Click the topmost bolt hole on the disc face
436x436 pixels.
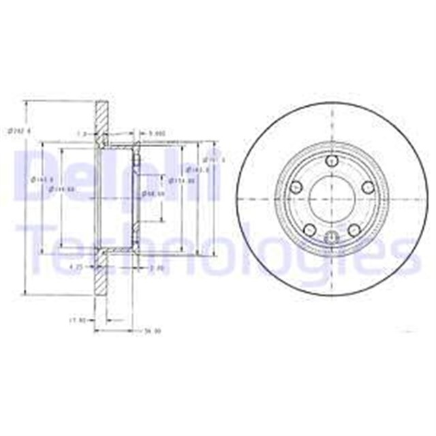pos(332,161)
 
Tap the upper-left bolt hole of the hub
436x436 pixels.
pos(297,187)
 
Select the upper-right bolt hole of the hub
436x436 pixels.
pos(367,187)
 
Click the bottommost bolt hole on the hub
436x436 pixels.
pos(332,238)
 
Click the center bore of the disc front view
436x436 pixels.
pos(331,198)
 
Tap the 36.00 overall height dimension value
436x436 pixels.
pos(143,332)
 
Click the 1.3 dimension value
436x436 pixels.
pos(82,133)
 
